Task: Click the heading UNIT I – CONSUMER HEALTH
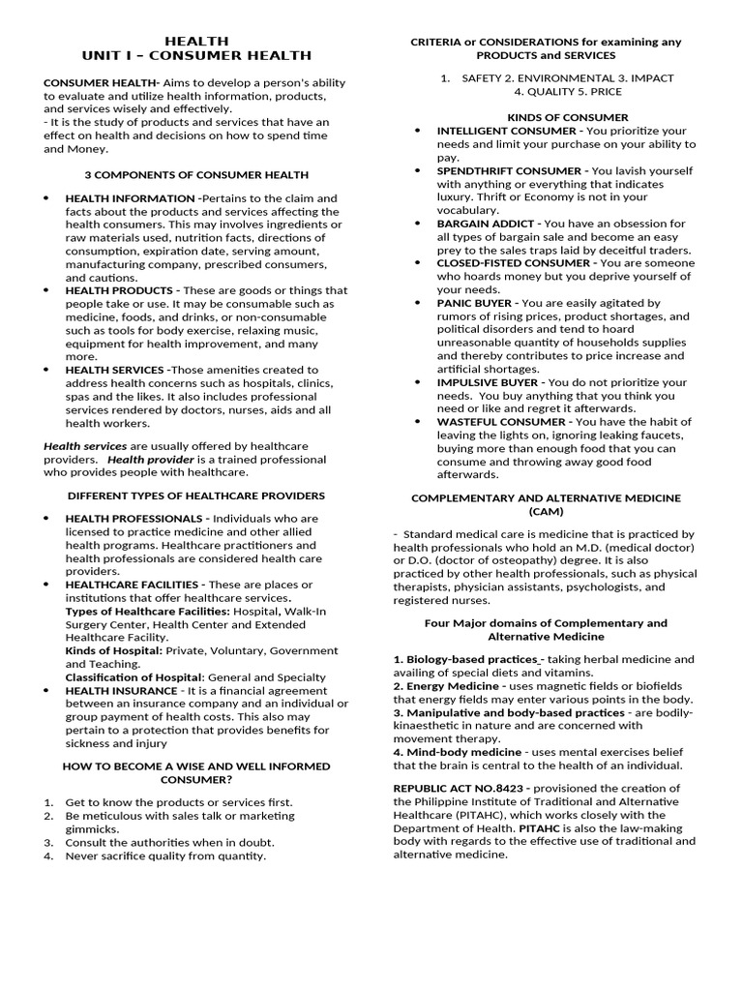click(196, 56)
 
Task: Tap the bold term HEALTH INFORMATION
click(130, 198)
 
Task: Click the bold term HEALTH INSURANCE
click(121, 691)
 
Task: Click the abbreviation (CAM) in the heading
click(546, 511)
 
